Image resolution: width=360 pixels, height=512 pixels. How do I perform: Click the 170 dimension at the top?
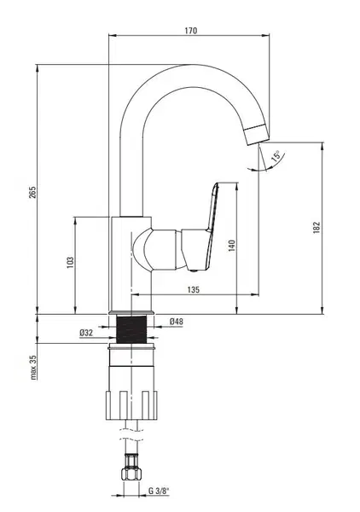click(191, 31)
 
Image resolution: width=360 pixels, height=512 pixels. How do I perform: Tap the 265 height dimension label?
click(32, 192)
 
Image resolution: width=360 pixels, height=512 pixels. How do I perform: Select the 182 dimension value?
click(316, 227)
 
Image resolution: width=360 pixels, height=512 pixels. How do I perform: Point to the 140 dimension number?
click(231, 245)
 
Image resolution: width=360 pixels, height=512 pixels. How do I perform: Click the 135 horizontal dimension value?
click(193, 289)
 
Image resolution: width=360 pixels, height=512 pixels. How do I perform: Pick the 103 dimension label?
click(70, 263)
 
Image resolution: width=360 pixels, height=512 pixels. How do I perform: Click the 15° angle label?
click(276, 156)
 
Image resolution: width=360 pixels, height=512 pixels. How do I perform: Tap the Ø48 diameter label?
click(177, 322)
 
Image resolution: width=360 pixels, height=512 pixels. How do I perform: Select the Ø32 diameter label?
click(86, 333)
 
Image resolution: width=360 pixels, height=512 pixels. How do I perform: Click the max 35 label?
click(33, 367)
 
